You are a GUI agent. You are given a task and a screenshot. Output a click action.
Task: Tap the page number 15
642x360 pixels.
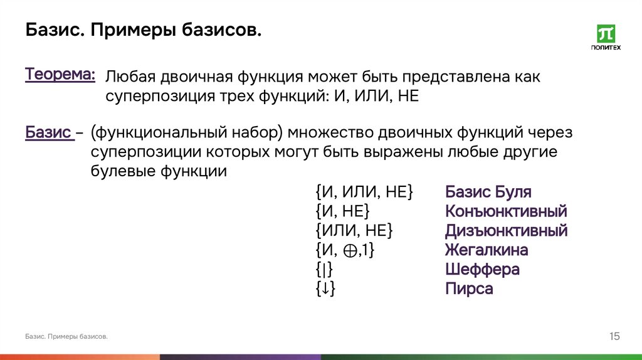pyautogui.click(x=614, y=337)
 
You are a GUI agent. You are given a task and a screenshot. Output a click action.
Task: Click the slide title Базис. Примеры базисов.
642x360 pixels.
pyautogui.click(x=143, y=30)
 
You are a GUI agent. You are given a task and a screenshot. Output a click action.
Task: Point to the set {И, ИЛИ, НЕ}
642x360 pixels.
pyautogui.click(x=364, y=192)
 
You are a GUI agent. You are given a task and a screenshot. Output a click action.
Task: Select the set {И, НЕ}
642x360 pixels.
pyautogui.click(x=342, y=211)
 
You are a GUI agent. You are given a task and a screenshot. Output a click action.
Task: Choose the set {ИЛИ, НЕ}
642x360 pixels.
pyautogui.click(x=354, y=231)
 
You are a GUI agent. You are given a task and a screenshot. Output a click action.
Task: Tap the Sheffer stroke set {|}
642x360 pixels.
pyautogui.click(x=324, y=270)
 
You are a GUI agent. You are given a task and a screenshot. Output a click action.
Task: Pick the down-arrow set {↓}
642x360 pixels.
pyautogui.click(x=325, y=290)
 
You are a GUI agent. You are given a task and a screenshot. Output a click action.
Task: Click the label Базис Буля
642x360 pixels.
pyautogui.click(x=488, y=192)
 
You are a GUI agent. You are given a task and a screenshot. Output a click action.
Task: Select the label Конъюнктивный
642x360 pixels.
pyautogui.click(x=506, y=211)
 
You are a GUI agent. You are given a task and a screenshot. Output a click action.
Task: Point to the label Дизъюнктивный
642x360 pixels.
pyautogui.click(x=506, y=231)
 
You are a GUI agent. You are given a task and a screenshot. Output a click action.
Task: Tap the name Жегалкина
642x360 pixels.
pyautogui.click(x=487, y=250)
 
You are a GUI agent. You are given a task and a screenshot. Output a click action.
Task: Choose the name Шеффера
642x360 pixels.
pyautogui.click(x=482, y=270)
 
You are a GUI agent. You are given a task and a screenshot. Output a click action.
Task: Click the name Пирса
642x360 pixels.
pyautogui.click(x=469, y=289)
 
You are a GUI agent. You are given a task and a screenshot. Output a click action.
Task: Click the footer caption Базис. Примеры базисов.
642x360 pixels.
pyautogui.click(x=66, y=337)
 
